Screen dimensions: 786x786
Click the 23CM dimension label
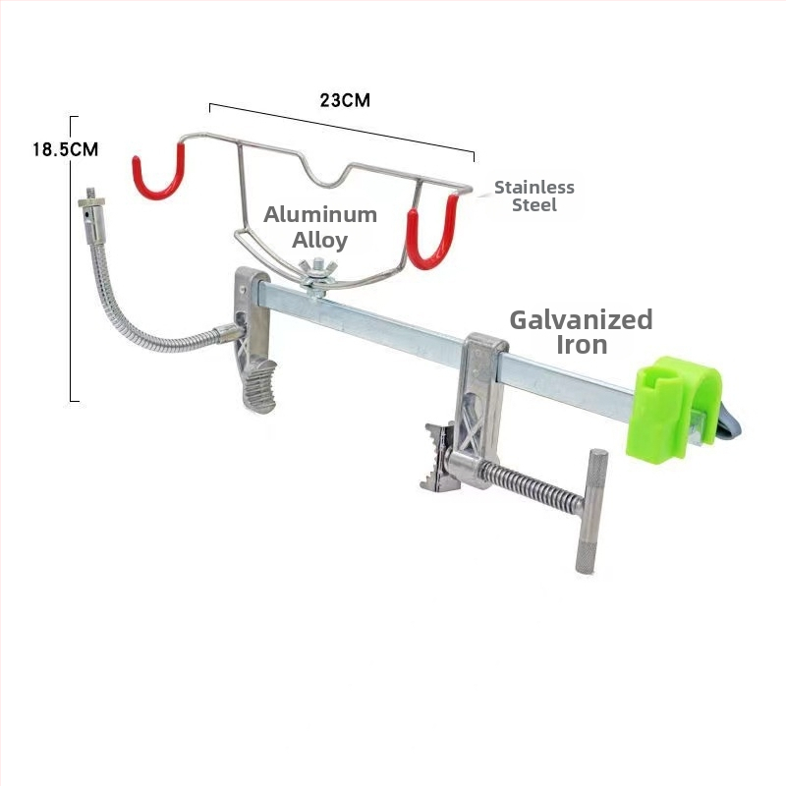pyautogui.click(x=345, y=100)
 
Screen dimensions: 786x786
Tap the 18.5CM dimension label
pyautogui.click(x=66, y=149)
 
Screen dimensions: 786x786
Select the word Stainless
pyautogui.click(x=534, y=187)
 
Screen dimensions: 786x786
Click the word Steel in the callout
pyautogui.click(x=534, y=205)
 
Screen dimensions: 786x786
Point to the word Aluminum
pyautogui.click(x=320, y=214)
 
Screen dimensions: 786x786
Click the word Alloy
pyautogui.click(x=320, y=240)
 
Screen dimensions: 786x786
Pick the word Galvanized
pyautogui.click(x=581, y=320)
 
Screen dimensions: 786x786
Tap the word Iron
pyautogui.click(x=582, y=345)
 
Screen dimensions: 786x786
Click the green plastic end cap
pyautogui.click(x=672, y=409)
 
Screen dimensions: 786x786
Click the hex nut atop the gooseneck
pyautogui.click(x=91, y=202)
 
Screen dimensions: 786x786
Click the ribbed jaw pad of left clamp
pyautogui.click(x=259, y=385)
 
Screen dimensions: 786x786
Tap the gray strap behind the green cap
pyautogui.click(x=727, y=422)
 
